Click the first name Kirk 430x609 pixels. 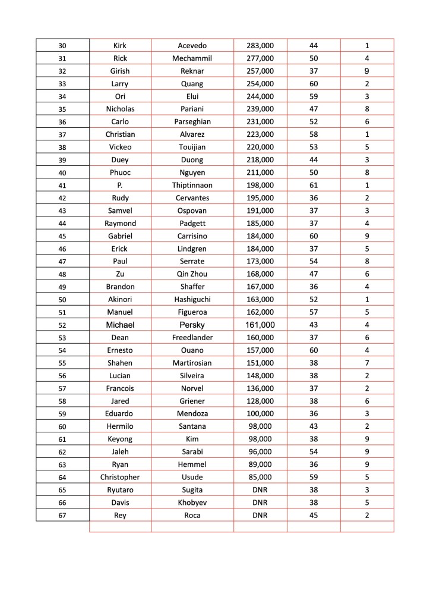[x=120, y=46]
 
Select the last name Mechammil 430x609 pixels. [x=192, y=58]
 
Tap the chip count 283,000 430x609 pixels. [x=260, y=46]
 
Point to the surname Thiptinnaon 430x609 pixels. [x=192, y=186]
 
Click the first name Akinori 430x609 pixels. [x=120, y=300]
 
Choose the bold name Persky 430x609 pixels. [x=192, y=325]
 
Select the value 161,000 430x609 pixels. [x=260, y=325]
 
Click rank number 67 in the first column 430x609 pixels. [x=63, y=516]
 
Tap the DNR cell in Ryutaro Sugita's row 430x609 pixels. [x=260, y=490]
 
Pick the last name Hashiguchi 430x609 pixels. [x=192, y=300]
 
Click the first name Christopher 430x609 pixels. [x=120, y=478]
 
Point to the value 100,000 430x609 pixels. [x=260, y=414]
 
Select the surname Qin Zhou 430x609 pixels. [x=192, y=274]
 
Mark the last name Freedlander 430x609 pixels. [x=192, y=338]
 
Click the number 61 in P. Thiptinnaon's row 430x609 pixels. [x=314, y=186]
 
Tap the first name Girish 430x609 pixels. [x=120, y=71]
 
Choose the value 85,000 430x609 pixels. [x=260, y=478]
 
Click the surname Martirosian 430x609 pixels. [x=192, y=363]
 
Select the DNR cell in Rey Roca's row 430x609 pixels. [x=260, y=516]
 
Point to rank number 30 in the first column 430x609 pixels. [x=63, y=46]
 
